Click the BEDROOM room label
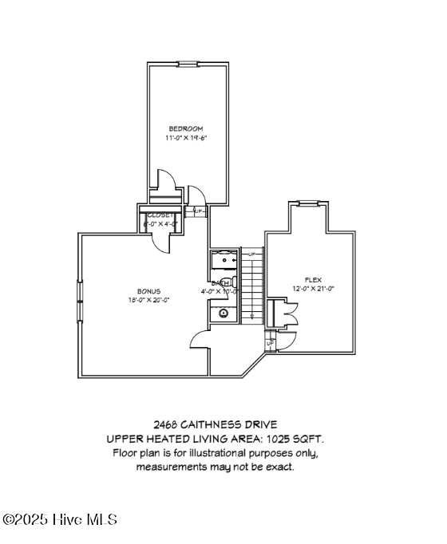(186, 128)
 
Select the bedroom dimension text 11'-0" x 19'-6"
(186, 137)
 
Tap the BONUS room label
(149, 291)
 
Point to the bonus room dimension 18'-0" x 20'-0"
(149, 301)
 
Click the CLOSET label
(160, 215)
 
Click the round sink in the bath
(223, 313)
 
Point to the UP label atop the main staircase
(252, 254)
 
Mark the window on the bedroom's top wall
(188, 65)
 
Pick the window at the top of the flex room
(309, 203)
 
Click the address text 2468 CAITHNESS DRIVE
(216, 425)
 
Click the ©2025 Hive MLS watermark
(60, 519)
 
